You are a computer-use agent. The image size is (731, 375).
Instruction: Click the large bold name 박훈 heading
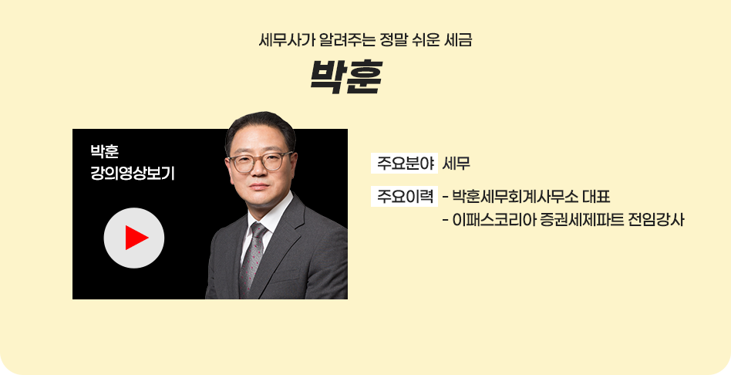click(346, 77)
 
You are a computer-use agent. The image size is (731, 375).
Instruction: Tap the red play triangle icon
click(136, 238)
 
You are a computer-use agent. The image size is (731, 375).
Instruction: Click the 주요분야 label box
click(404, 164)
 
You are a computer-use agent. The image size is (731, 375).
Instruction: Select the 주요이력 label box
click(404, 196)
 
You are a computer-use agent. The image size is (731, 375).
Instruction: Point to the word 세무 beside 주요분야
click(456, 164)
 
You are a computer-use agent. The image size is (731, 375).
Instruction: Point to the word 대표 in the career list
click(596, 197)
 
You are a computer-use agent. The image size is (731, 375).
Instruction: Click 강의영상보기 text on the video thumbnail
click(133, 174)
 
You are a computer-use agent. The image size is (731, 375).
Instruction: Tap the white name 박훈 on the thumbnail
click(104, 151)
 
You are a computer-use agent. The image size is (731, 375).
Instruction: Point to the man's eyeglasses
click(260, 161)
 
